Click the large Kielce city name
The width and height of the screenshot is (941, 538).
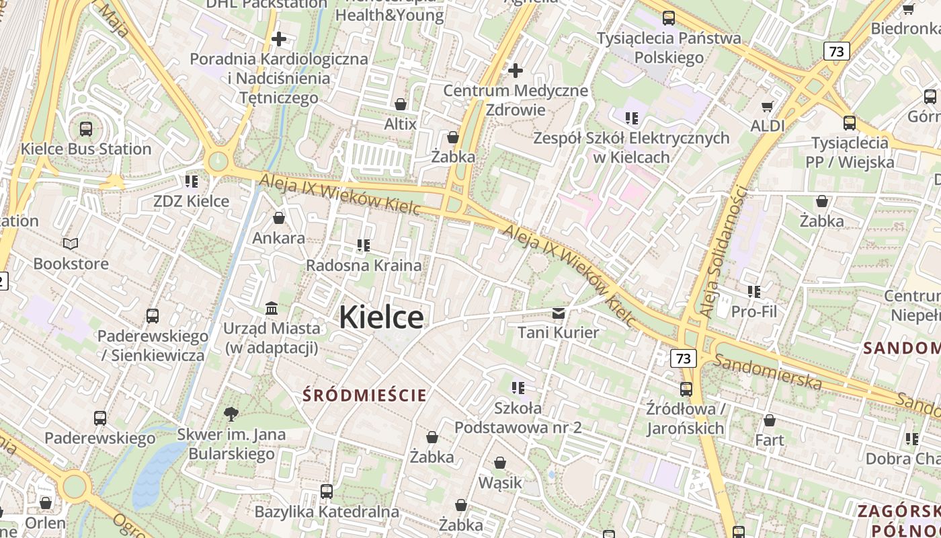(381, 317)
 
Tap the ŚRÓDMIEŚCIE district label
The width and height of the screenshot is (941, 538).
(364, 395)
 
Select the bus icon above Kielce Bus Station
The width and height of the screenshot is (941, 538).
(86, 128)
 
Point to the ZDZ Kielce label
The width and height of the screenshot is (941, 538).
(191, 201)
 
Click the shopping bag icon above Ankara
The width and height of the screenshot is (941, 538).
(279, 218)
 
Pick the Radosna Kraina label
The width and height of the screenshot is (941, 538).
(364, 265)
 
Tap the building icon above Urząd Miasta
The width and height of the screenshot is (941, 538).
(272, 308)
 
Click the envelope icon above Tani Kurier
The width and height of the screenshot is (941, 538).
(559, 313)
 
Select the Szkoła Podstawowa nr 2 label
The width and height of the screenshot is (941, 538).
(518, 418)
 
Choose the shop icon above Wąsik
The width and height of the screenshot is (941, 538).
(500, 463)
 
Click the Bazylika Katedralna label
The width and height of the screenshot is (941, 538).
(327, 512)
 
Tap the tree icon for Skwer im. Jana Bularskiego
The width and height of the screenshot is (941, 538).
(231, 414)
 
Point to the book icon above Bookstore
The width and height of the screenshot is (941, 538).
(71, 243)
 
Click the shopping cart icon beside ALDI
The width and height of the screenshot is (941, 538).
(768, 106)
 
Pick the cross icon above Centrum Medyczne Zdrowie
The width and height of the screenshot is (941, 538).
(516, 70)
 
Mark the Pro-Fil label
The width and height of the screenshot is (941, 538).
(753, 311)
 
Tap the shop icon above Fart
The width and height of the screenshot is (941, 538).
(770, 420)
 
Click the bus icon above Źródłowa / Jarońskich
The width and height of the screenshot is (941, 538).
(686, 389)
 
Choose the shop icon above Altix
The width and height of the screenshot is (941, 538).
(401, 104)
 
